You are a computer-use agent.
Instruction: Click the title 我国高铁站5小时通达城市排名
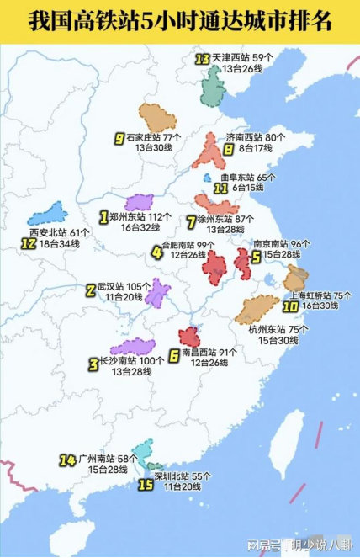(x=179, y=21)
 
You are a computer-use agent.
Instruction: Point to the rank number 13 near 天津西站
(x=202, y=59)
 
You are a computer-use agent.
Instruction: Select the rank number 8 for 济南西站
(x=228, y=150)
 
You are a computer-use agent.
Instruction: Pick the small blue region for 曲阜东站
(x=207, y=178)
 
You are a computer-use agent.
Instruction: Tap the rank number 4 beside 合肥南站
(x=157, y=250)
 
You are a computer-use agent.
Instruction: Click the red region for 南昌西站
(x=189, y=336)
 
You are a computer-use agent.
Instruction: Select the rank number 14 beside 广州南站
(x=68, y=460)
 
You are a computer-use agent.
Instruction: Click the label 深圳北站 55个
(x=183, y=476)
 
